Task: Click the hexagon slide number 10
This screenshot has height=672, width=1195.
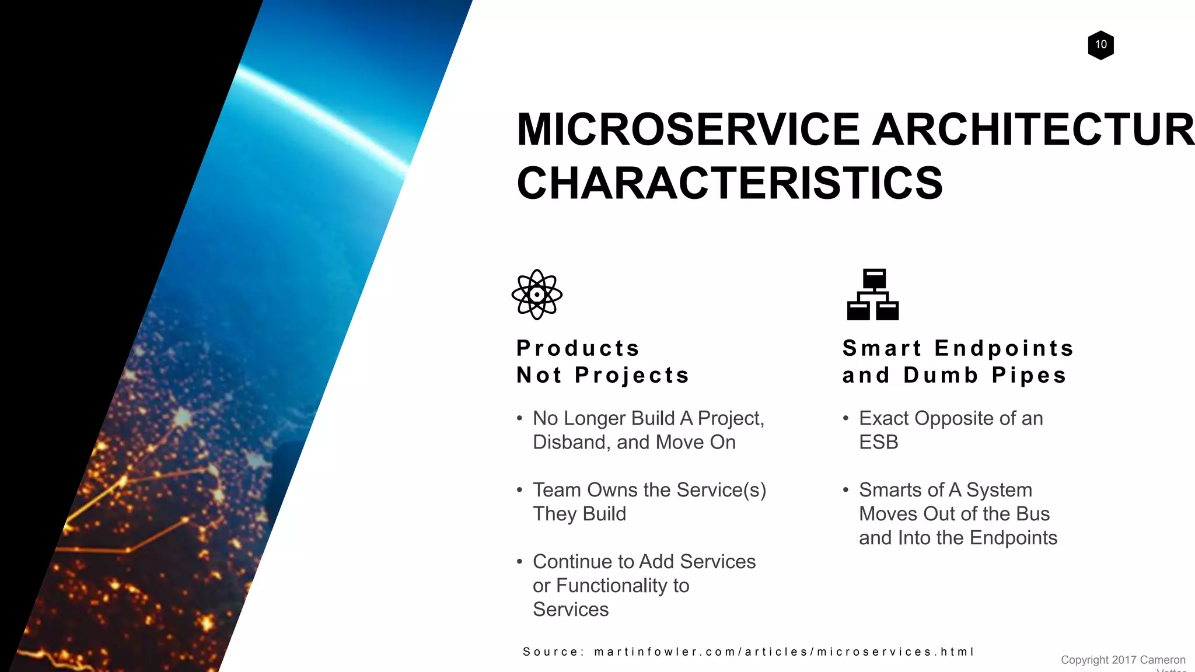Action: (1100, 45)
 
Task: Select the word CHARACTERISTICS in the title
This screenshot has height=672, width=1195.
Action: (729, 183)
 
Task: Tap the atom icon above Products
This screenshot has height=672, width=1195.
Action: (537, 295)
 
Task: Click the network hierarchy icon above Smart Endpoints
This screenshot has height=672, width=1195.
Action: (873, 295)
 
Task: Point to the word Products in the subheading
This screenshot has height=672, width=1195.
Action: (578, 348)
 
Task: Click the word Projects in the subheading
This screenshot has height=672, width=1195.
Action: (632, 375)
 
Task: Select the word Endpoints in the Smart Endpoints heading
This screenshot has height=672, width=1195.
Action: (1004, 348)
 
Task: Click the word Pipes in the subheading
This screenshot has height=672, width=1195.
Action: (1029, 375)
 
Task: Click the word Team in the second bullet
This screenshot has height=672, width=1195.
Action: (557, 490)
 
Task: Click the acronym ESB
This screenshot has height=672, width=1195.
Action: (878, 442)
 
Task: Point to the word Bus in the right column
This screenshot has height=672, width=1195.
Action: (1032, 514)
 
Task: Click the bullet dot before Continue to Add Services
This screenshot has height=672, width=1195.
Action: (519, 562)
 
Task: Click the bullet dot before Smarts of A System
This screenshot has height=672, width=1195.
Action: (845, 490)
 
